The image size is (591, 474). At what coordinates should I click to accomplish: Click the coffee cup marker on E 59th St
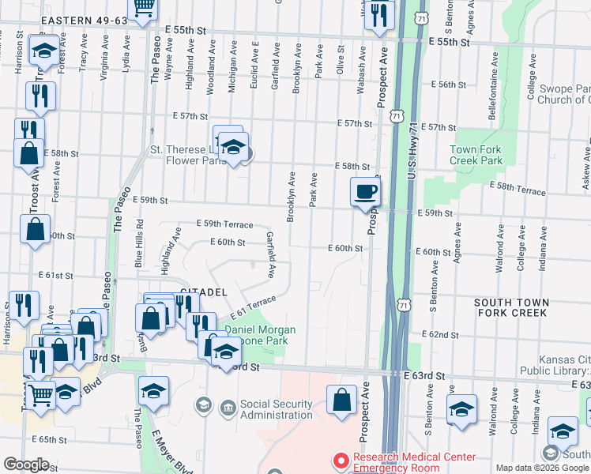pyautogui.click(x=365, y=192)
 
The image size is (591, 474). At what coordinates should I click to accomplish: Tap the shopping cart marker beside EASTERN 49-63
pyautogui.click(x=143, y=9)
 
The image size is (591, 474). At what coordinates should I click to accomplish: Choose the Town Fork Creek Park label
pyautogui.click(x=476, y=155)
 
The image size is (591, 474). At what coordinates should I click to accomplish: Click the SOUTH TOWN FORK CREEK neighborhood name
pyautogui.click(x=510, y=307)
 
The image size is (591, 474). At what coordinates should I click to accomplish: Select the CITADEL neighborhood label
pyautogui.click(x=204, y=292)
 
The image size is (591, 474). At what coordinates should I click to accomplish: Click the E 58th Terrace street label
pyautogui.click(x=518, y=190)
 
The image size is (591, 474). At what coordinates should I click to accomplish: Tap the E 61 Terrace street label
pyautogui.click(x=254, y=304)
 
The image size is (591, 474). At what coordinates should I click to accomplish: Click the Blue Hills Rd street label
pyautogui.click(x=139, y=241)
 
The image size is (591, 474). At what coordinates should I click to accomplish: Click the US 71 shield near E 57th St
pyautogui.click(x=396, y=116)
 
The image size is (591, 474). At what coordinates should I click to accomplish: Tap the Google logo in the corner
pyautogui.click(x=26, y=465)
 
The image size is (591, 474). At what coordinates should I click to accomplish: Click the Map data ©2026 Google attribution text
pyautogui.click(x=542, y=468)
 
